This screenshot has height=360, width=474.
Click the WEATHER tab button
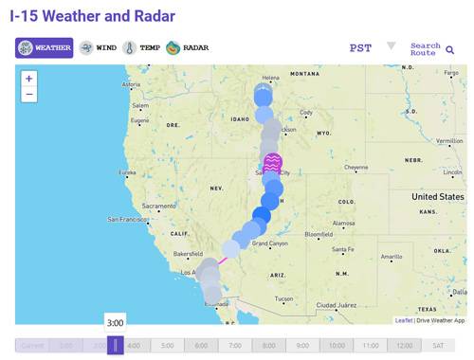(44, 48)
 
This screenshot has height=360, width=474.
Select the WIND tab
(98, 48)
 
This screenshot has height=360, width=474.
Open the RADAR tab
(188, 48)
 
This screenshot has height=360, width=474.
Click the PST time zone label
(360, 48)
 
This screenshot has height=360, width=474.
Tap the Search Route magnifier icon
(450, 49)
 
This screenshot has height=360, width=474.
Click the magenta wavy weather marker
(273, 162)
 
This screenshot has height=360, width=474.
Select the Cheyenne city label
(356, 168)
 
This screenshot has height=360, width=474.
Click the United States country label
(438, 197)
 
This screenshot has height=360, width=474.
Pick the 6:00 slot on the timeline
(200, 346)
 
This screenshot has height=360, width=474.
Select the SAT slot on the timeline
(438, 346)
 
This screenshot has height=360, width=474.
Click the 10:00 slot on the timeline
(337, 346)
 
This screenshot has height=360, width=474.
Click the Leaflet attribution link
(404, 320)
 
